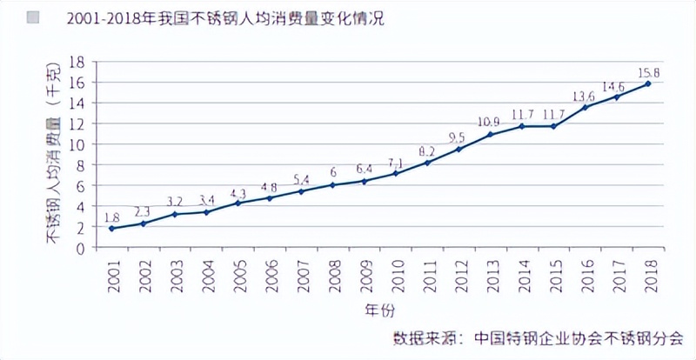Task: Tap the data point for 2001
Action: [111, 229]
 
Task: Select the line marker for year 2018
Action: [647, 83]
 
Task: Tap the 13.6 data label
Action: [583, 95]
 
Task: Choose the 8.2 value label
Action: [426, 149]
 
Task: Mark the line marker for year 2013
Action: [490, 135]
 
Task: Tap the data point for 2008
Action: [332, 185]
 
